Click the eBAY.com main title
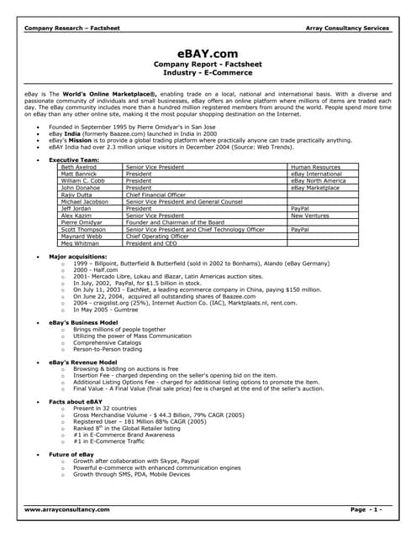tap(208, 53)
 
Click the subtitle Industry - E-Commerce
tap(208, 71)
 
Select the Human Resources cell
tap(315, 168)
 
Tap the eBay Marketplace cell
tap(316, 188)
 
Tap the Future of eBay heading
tap(71, 454)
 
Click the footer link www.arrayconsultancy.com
tap(66, 509)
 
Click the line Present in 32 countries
tap(106, 409)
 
